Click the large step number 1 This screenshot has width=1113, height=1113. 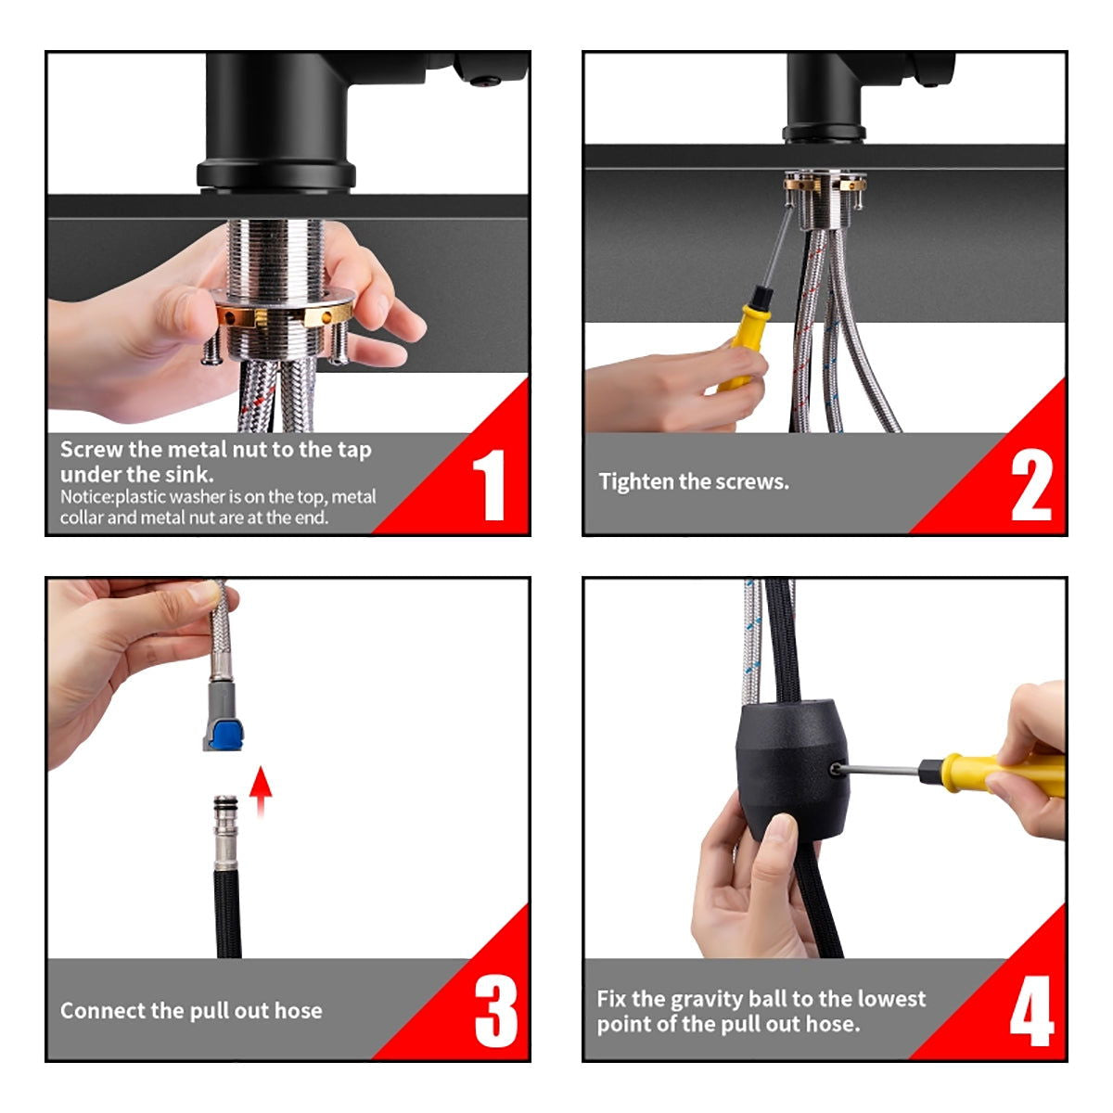click(x=490, y=484)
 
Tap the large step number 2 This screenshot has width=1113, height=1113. click(x=1031, y=484)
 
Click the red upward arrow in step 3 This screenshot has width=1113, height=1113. click(x=261, y=791)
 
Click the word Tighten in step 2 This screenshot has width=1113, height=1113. click(x=636, y=481)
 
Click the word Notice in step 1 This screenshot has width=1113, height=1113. click(x=86, y=497)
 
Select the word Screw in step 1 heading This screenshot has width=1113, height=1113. click(x=91, y=449)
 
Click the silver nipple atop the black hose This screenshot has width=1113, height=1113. click(x=224, y=832)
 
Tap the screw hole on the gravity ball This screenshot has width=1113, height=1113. click(x=835, y=769)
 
